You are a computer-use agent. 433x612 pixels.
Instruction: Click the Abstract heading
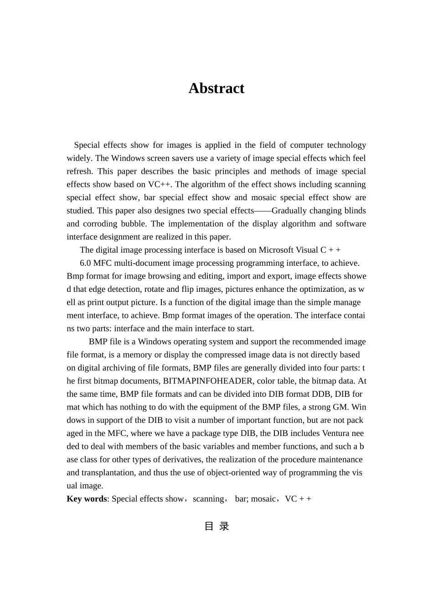[216, 88]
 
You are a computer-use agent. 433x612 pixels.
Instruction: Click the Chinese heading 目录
[216, 526]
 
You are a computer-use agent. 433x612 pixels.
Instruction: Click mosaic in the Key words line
[263, 498]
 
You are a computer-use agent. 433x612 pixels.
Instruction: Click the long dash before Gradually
[263, 211]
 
